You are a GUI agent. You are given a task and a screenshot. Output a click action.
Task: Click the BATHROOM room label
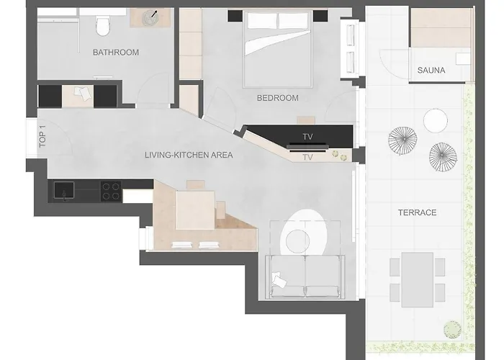click(115, 53)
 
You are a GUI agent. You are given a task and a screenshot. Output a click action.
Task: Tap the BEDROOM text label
click(277, 99)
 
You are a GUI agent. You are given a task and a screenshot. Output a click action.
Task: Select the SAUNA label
click(431, 71)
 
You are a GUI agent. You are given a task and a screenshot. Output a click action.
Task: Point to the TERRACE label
click(418, 213)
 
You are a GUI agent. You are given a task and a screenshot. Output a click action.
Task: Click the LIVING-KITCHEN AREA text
click(189, 155)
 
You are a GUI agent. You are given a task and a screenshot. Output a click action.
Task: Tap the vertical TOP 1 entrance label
click(42, 137)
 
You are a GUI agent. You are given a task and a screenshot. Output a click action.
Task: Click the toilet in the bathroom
click(103, 27)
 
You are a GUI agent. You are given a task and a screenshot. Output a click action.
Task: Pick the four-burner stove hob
click(110, 191)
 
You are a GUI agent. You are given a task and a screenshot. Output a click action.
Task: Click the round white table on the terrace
click(436, 120)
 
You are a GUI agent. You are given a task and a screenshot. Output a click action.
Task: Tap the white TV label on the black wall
click(307, 135)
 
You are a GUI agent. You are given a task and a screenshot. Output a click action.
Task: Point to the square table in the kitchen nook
click(195, 209)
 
